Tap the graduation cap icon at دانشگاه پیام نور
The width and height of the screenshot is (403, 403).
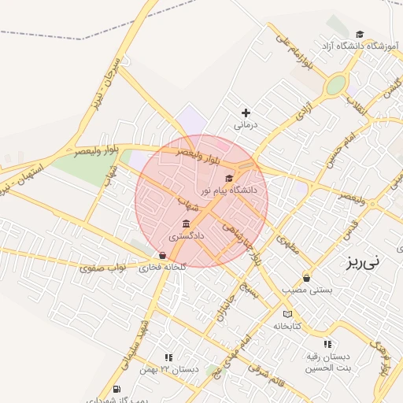coord(229,178)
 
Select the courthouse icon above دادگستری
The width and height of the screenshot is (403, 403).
coord(186,224)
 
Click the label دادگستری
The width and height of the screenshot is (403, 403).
coord(187,235)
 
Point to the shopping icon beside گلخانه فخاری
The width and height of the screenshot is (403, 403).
coord(162,255)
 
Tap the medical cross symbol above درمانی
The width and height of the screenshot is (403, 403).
coord(246,113)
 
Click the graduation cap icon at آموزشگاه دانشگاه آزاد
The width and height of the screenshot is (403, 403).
coord(360,34)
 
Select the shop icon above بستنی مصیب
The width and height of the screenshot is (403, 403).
coord(306,278)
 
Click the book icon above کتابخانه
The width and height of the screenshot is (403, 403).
coord(287,314)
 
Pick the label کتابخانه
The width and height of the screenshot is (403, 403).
coord(287,326)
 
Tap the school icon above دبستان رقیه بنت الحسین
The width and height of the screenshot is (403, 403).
coord(327,344)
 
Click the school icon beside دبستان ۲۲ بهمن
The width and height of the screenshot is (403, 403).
coord(168,357)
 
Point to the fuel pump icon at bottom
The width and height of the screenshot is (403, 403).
coord(116,388)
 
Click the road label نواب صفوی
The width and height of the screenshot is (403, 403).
coord(102,268)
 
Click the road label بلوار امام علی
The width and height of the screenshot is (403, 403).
coord(298,56)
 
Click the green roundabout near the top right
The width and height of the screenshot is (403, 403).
coord(337,84)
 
